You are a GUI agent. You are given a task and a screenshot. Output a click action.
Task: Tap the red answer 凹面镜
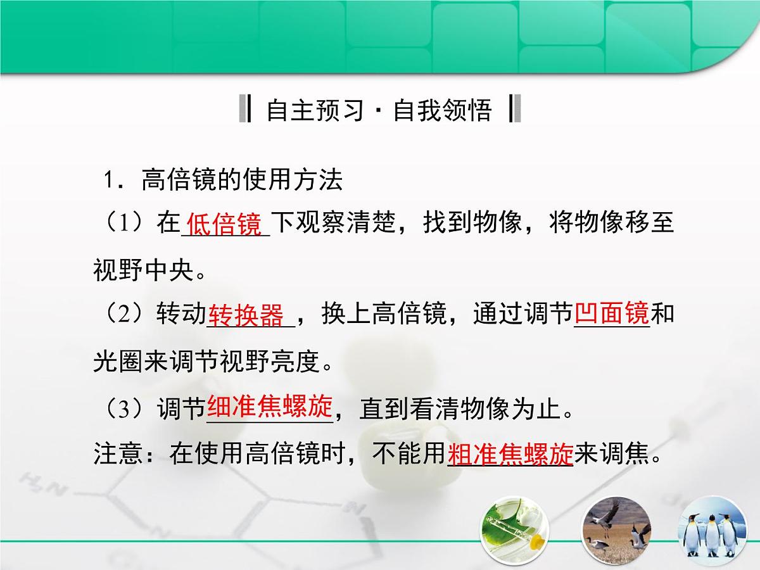point(612,313)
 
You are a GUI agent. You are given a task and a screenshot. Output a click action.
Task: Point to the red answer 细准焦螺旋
point(270,408)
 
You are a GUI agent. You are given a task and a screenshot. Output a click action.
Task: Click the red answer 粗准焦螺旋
point(510,454)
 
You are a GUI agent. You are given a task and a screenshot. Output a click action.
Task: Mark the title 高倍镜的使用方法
point(242,180)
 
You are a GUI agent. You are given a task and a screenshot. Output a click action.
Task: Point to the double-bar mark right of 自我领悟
point(514,110)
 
